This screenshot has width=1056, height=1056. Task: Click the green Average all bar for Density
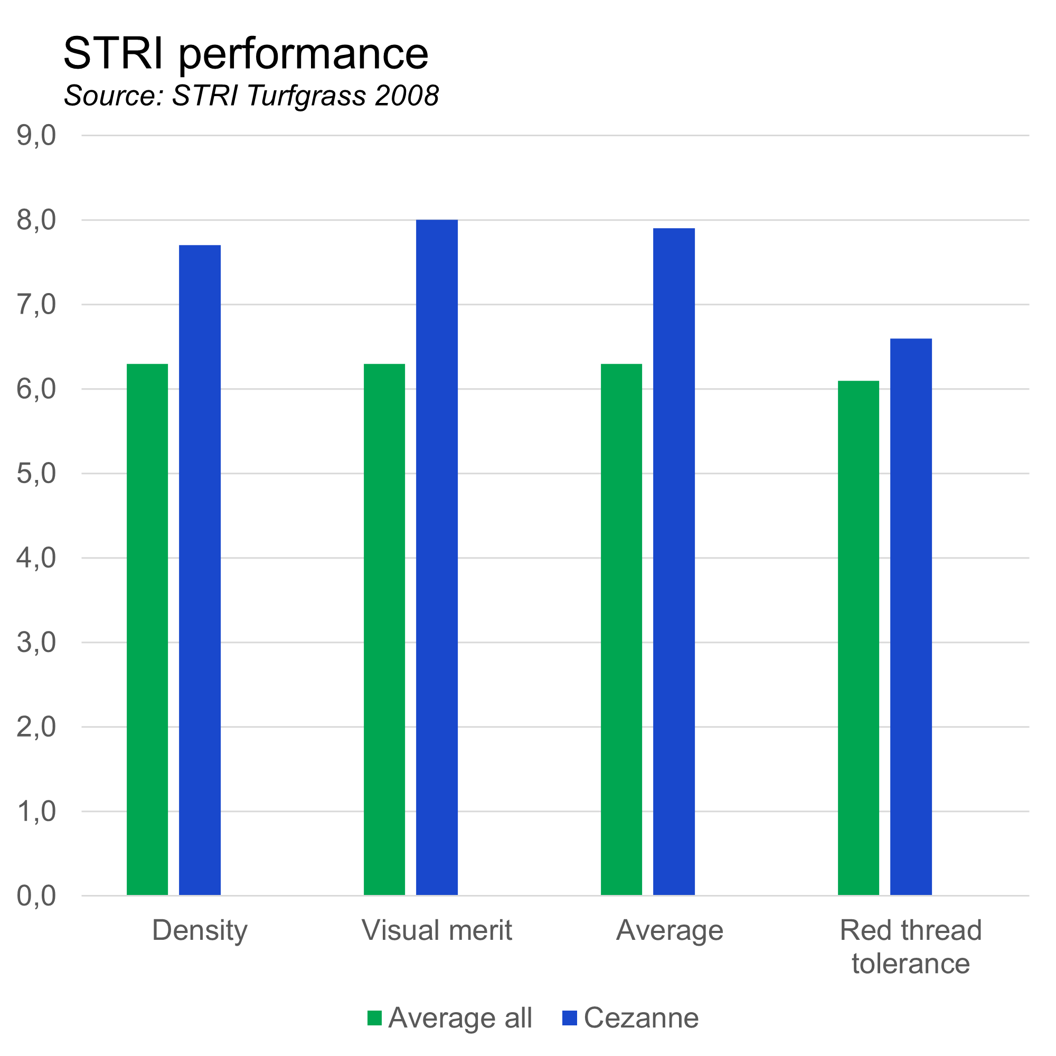point(148,628)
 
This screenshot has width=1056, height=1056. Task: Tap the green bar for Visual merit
point(385,628)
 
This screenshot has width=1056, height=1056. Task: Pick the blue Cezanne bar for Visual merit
point(437,558)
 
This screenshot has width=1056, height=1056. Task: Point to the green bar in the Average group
point(621,628)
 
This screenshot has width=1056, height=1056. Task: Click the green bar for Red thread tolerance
point(859,637)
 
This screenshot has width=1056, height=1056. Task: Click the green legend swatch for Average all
point(374,1018)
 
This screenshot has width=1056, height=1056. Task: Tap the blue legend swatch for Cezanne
point(570,1018)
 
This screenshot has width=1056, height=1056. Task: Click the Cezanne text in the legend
point(641,1018)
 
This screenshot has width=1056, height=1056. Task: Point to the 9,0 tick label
point(36,135)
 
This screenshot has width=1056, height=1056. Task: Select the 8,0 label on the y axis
point(36,220)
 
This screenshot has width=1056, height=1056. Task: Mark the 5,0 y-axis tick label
point(36,473)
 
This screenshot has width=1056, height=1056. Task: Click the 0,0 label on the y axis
point(36,896)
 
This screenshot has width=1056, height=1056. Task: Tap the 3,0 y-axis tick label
point(36,642)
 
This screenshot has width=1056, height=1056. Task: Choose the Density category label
point(200,930)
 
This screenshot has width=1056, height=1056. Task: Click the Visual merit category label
point(437,930)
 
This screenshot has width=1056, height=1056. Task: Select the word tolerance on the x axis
point(911,964)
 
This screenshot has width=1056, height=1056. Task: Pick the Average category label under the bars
point(670,930)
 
